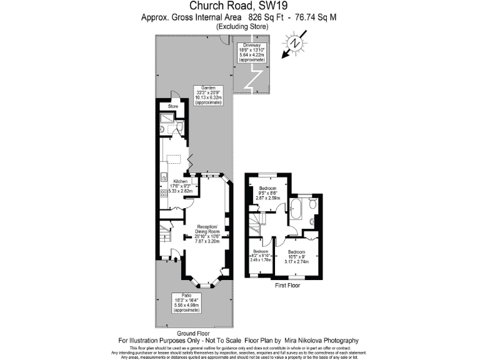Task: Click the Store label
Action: pyautogui.click(x=172, y=107)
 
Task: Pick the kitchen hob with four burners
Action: pyautogui.click(x=164, y=177)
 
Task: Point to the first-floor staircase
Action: pyautogui.click(x=255, y=222)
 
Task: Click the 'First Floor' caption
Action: pyautogui.click(x=288, y=286)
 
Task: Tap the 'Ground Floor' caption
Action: pyautogui.click(x=193, y=333)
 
